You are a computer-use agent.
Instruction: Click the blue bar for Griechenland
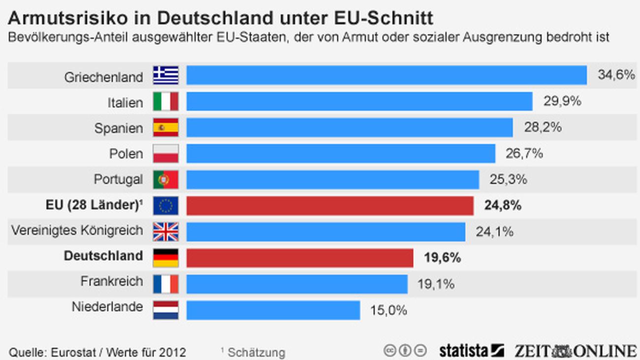386,76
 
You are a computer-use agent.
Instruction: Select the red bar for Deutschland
299,258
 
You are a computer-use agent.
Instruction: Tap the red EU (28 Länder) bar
330,206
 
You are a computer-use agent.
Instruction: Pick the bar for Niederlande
273,310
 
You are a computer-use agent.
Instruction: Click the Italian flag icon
165,102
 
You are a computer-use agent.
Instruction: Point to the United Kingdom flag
165,231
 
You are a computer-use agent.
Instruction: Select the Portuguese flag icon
165,180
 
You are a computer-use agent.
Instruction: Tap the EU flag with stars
165,206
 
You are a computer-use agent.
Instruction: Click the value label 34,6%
616,75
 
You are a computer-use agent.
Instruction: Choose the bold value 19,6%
442,258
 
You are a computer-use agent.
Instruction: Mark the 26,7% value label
524,153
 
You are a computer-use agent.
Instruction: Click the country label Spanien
119,128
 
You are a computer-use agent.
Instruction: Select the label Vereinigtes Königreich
77,230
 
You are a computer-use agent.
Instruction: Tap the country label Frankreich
112,282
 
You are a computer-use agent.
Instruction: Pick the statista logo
471,351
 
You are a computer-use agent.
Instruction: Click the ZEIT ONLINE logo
575,351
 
